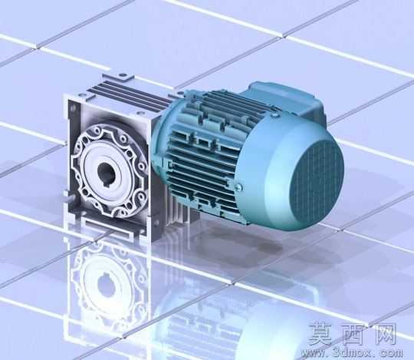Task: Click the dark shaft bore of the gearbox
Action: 107,174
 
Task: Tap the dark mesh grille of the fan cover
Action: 317,183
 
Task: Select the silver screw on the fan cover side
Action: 239,187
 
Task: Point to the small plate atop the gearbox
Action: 119,77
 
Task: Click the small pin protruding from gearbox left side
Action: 69,197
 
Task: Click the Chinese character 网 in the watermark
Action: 383,334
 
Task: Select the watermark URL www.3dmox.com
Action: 352,352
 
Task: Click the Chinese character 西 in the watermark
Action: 353,334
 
